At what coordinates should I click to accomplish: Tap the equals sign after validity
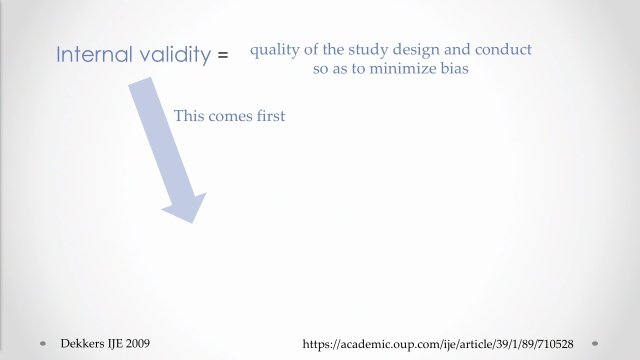[223, 54]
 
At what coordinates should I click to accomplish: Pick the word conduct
[503, 49]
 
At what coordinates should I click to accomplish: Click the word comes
[230, 117]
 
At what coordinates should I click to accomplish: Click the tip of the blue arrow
[192, 223]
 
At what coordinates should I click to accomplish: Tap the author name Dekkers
[82, 343]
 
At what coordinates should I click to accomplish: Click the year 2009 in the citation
[137, 343]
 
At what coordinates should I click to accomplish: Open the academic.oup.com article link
[437, 344]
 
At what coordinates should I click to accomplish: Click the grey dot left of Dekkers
[43, 343]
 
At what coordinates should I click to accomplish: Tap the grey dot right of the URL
[595, 343]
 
